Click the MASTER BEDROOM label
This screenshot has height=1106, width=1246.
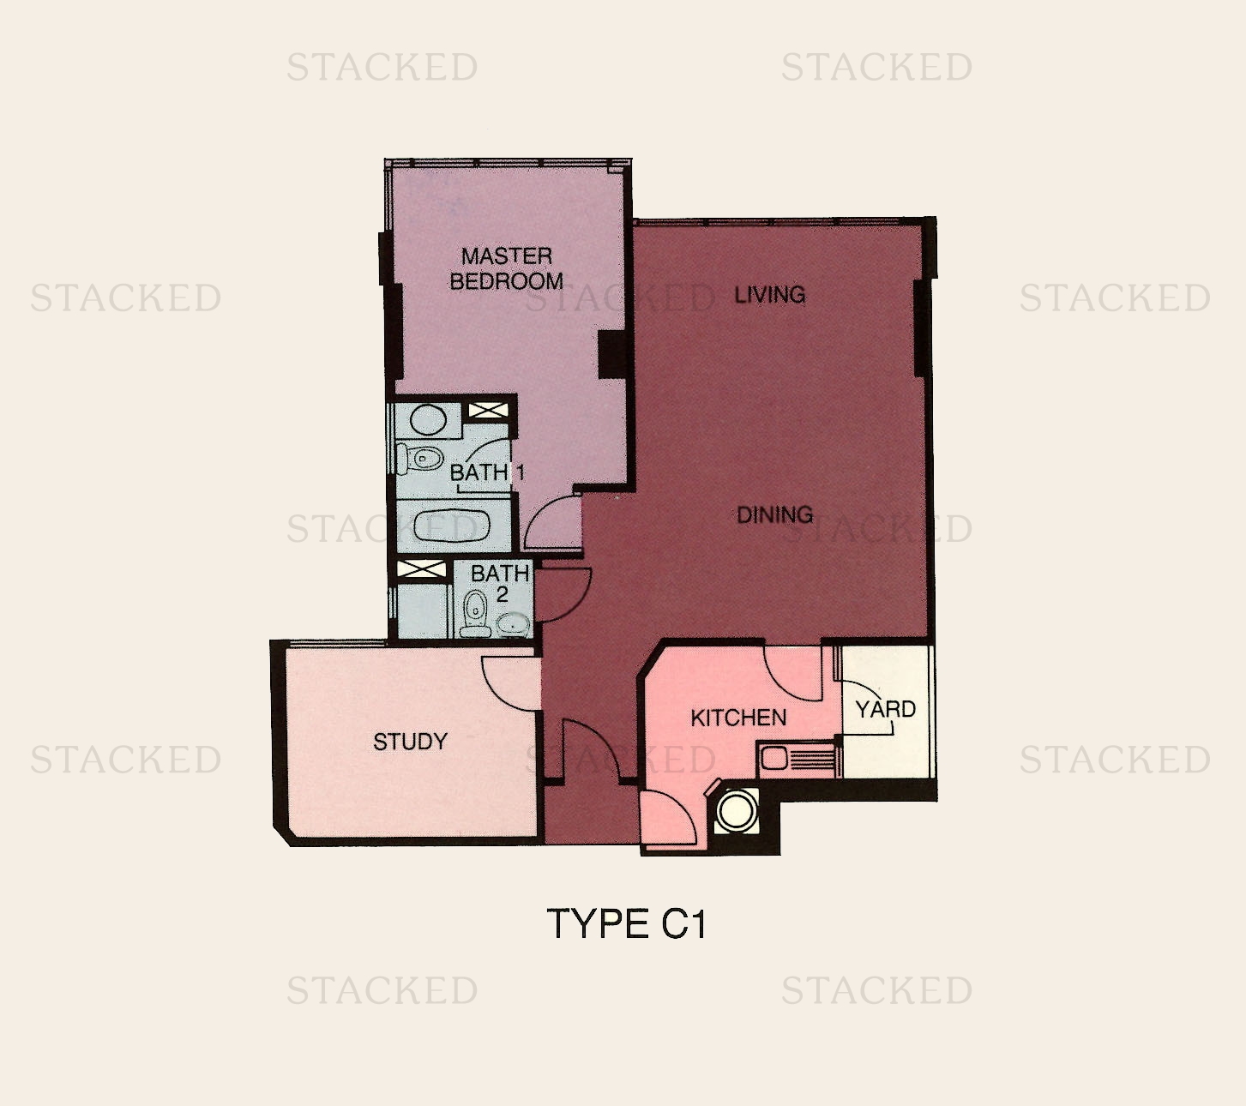click(x=506, y=268)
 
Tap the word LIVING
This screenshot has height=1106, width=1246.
click(x=769, y=295)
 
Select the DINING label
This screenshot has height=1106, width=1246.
click(x=774, y=515)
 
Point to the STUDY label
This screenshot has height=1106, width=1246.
click(x=410, y=742)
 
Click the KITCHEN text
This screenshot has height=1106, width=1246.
click(x=738, y=718)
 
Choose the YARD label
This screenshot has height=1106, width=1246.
click(x=886, y=710)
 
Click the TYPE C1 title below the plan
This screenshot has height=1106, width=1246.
click(x=626, y=924)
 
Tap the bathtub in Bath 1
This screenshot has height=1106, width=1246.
click(x=451, y=526)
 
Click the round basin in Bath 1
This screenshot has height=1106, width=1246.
click(x=426, y=420)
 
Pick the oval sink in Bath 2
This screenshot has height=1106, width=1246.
click(x=513, y=624)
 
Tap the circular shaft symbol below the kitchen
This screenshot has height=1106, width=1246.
click(x=736, y=810)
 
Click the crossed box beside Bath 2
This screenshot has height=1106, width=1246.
click(x=422, y=570)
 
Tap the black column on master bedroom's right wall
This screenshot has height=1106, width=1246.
click(x=613, y=353)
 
